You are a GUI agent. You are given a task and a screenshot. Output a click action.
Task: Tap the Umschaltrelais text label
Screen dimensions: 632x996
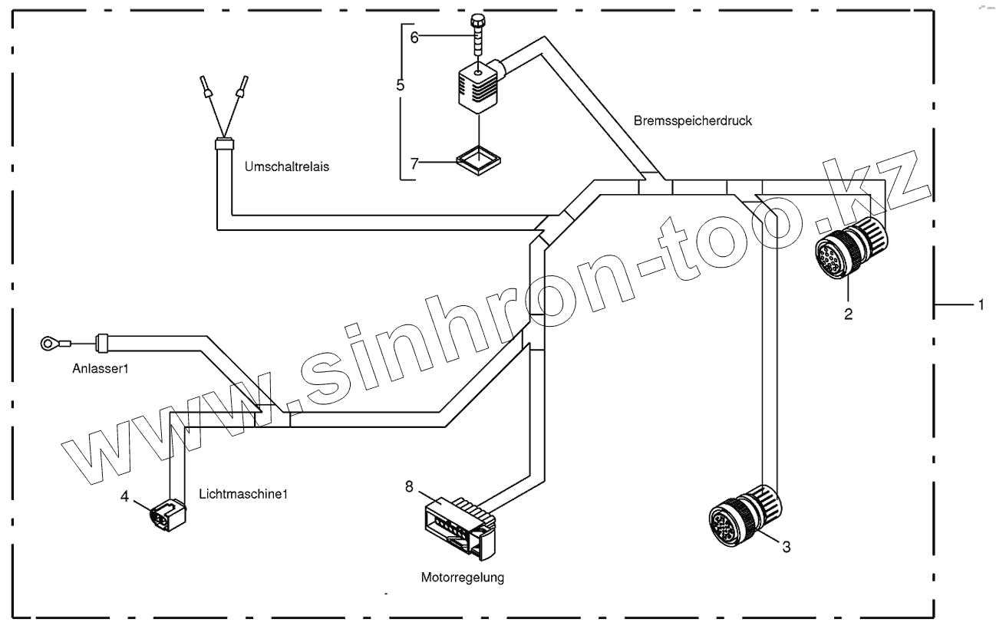pyautogui.click(x=287, y=166)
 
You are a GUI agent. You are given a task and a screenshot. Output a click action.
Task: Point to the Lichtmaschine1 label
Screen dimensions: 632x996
pyautogui.click(x=242, y=494)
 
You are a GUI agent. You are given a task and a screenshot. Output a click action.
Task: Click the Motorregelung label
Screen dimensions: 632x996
pyautogui.click(x=463, y=578)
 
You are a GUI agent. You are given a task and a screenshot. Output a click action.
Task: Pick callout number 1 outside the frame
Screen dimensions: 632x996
pyautogui.click(x=979, y=304)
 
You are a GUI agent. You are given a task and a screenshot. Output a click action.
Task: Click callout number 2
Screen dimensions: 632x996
pyautogui.click(x=849, y=313)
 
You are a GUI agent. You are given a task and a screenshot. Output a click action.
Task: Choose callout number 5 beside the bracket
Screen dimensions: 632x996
pyautogui.click(x=400, y=85)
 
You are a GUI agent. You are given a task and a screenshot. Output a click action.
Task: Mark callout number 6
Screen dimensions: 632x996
pyautogui.click(x=414, y=38)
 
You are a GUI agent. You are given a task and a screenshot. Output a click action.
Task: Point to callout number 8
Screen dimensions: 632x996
pyautogui.click(x=409, y=485)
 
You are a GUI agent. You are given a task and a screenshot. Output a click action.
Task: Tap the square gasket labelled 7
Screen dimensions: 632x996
pyautogui.click(x=477, y=163)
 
